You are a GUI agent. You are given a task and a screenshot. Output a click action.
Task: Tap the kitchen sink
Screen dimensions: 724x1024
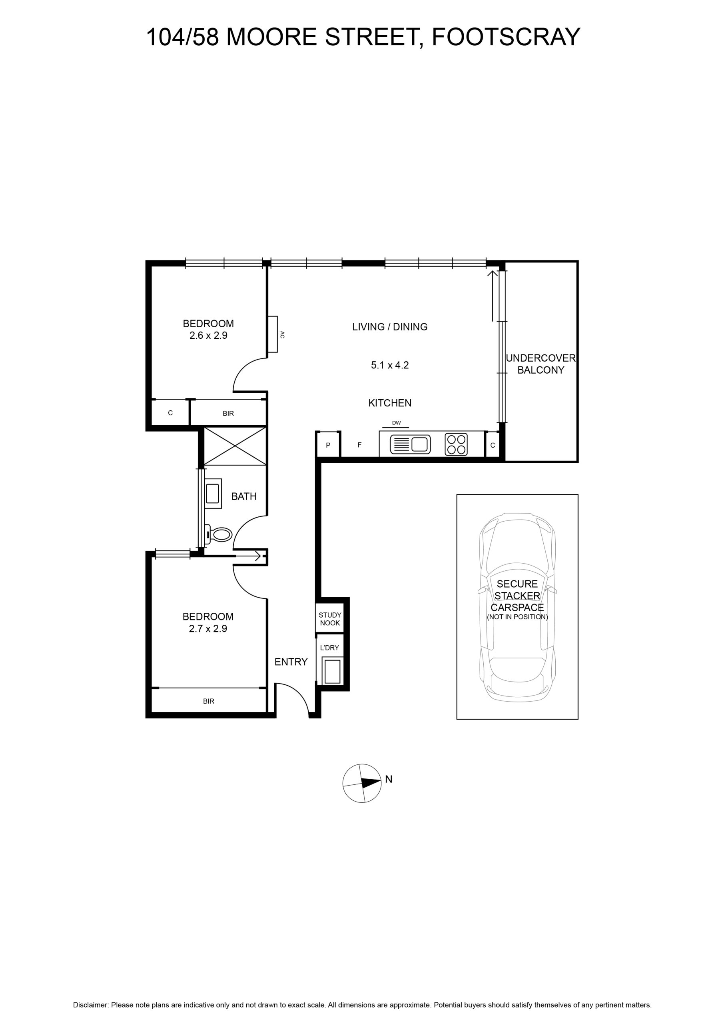410,444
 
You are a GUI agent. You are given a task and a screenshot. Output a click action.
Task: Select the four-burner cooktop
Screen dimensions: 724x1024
456,444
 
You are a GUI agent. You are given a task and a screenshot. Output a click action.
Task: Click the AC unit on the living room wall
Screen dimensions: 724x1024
272,334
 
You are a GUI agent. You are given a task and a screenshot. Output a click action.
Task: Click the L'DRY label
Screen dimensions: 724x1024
329,648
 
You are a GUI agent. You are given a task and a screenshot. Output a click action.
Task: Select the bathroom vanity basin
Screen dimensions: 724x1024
213,493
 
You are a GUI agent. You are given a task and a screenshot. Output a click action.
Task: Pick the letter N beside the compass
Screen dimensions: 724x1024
389,779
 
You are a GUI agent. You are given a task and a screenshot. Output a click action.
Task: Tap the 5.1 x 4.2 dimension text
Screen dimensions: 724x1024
390,365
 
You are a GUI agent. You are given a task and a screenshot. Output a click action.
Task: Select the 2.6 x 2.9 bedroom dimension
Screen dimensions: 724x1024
208,335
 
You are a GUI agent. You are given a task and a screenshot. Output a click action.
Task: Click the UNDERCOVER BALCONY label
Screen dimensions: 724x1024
541,364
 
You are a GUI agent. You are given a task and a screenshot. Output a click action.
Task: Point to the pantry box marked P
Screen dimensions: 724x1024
328,444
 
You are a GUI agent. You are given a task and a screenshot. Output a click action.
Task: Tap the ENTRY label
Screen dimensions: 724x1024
291,662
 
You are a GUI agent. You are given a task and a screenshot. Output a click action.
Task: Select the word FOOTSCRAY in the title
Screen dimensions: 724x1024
506,36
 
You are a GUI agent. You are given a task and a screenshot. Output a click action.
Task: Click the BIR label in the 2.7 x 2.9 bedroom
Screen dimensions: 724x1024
209,701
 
